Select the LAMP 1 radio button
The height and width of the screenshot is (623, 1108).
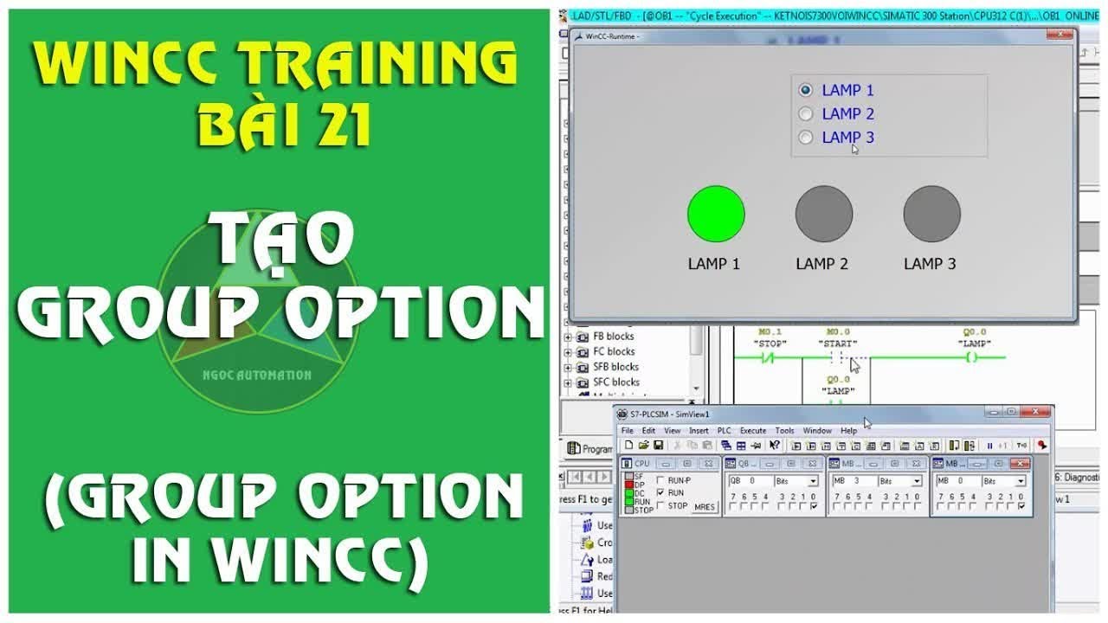806,90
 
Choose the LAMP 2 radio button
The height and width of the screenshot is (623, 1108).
806,113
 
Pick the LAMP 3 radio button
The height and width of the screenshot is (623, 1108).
806,137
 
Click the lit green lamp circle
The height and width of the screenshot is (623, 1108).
716,214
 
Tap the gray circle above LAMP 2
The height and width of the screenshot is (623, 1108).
824,214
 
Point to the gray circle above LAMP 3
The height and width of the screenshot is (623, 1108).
931,214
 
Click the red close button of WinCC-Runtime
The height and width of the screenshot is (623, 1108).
1060,35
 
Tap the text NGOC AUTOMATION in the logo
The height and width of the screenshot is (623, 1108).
257,375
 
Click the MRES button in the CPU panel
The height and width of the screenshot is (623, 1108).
705,506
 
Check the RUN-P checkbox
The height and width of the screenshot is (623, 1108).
661,480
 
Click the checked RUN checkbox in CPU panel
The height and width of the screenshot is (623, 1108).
661,492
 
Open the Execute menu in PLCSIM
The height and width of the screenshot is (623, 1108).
752,430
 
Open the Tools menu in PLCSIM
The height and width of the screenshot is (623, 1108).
784,430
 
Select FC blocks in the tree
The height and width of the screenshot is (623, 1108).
614,351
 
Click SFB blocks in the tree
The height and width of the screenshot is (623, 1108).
615,367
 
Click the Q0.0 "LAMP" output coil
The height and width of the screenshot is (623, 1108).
975,356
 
